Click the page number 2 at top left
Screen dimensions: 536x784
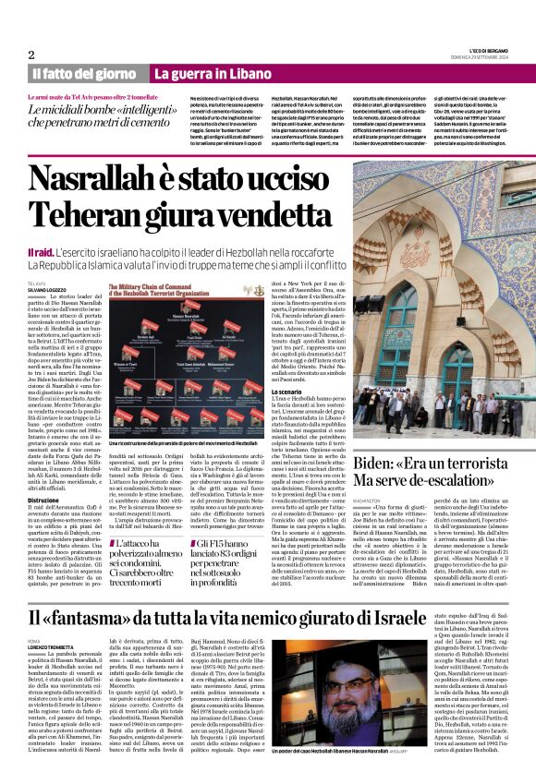point(31,54)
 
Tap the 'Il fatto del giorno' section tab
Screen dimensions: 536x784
point(85,73)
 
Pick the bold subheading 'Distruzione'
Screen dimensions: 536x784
point(46,474)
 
